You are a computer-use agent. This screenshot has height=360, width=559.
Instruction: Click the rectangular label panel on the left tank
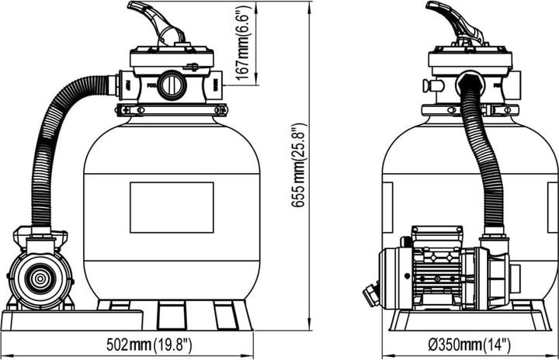[x=172, y=207]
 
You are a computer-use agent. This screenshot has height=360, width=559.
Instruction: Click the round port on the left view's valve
[x=172, y=86]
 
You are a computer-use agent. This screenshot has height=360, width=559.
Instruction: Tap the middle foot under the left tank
[x=170, y=314]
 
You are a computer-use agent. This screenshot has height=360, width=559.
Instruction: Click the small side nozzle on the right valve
[x=426, y=86]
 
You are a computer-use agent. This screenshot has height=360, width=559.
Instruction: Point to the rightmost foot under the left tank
[x=226, y=314]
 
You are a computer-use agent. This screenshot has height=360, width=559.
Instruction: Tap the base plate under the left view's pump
[x=70, y=319]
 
